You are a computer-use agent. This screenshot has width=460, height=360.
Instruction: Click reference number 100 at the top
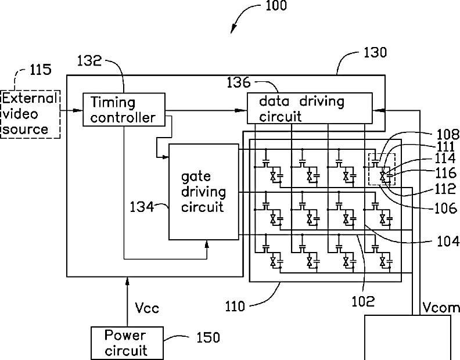276,6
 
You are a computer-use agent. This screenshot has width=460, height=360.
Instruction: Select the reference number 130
375,52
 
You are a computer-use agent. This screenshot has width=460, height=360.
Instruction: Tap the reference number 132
89,60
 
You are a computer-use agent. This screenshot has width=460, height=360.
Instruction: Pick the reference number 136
239,82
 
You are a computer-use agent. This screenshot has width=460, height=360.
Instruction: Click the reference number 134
142,207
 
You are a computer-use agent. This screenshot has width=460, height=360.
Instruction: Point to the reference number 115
41,70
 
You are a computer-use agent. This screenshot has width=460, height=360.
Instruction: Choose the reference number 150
208,337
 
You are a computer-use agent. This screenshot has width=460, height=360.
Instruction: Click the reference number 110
235,307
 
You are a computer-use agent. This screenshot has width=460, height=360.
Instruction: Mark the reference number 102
363,301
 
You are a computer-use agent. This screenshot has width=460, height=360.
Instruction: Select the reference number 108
448,134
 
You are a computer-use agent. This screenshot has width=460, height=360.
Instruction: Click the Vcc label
147,308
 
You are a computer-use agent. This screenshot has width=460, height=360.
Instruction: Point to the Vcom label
441,307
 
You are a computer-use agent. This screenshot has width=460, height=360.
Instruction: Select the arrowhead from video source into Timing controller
78,110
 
